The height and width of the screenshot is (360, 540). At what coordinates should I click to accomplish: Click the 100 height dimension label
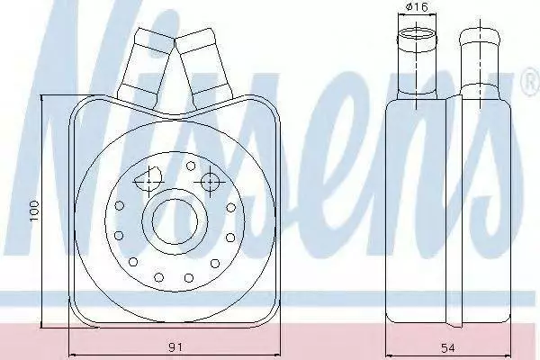tap(34, 211)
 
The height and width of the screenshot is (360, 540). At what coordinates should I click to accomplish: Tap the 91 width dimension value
tap(175, 346)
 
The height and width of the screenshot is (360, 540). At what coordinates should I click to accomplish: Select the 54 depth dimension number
tap(447, 347)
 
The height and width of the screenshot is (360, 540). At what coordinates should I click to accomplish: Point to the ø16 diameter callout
tap(417, 6)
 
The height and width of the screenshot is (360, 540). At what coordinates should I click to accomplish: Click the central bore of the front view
tap(175, 220)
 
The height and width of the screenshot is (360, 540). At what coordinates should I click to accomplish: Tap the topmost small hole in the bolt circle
tap(191, 166)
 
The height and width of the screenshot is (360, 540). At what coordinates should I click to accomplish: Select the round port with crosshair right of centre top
tap(210, 182)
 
